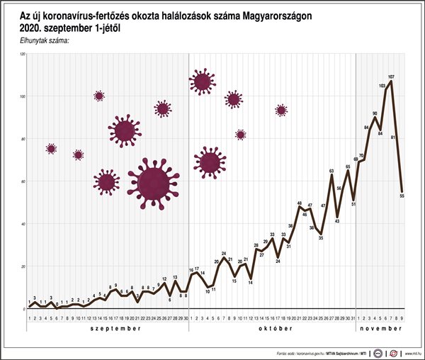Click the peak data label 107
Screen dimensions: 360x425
pos(391,76)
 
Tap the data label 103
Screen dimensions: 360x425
pos(382,86)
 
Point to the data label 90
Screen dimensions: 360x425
pos(375,113)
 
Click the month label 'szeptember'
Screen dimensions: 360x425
pos(107,329)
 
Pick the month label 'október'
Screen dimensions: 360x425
pos(272,329)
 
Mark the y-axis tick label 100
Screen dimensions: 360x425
pos(23,96)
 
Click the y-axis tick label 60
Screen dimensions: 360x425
pos(24,181)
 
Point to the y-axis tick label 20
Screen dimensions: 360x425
pos(24,266)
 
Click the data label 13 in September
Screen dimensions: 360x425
pos(175,277)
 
